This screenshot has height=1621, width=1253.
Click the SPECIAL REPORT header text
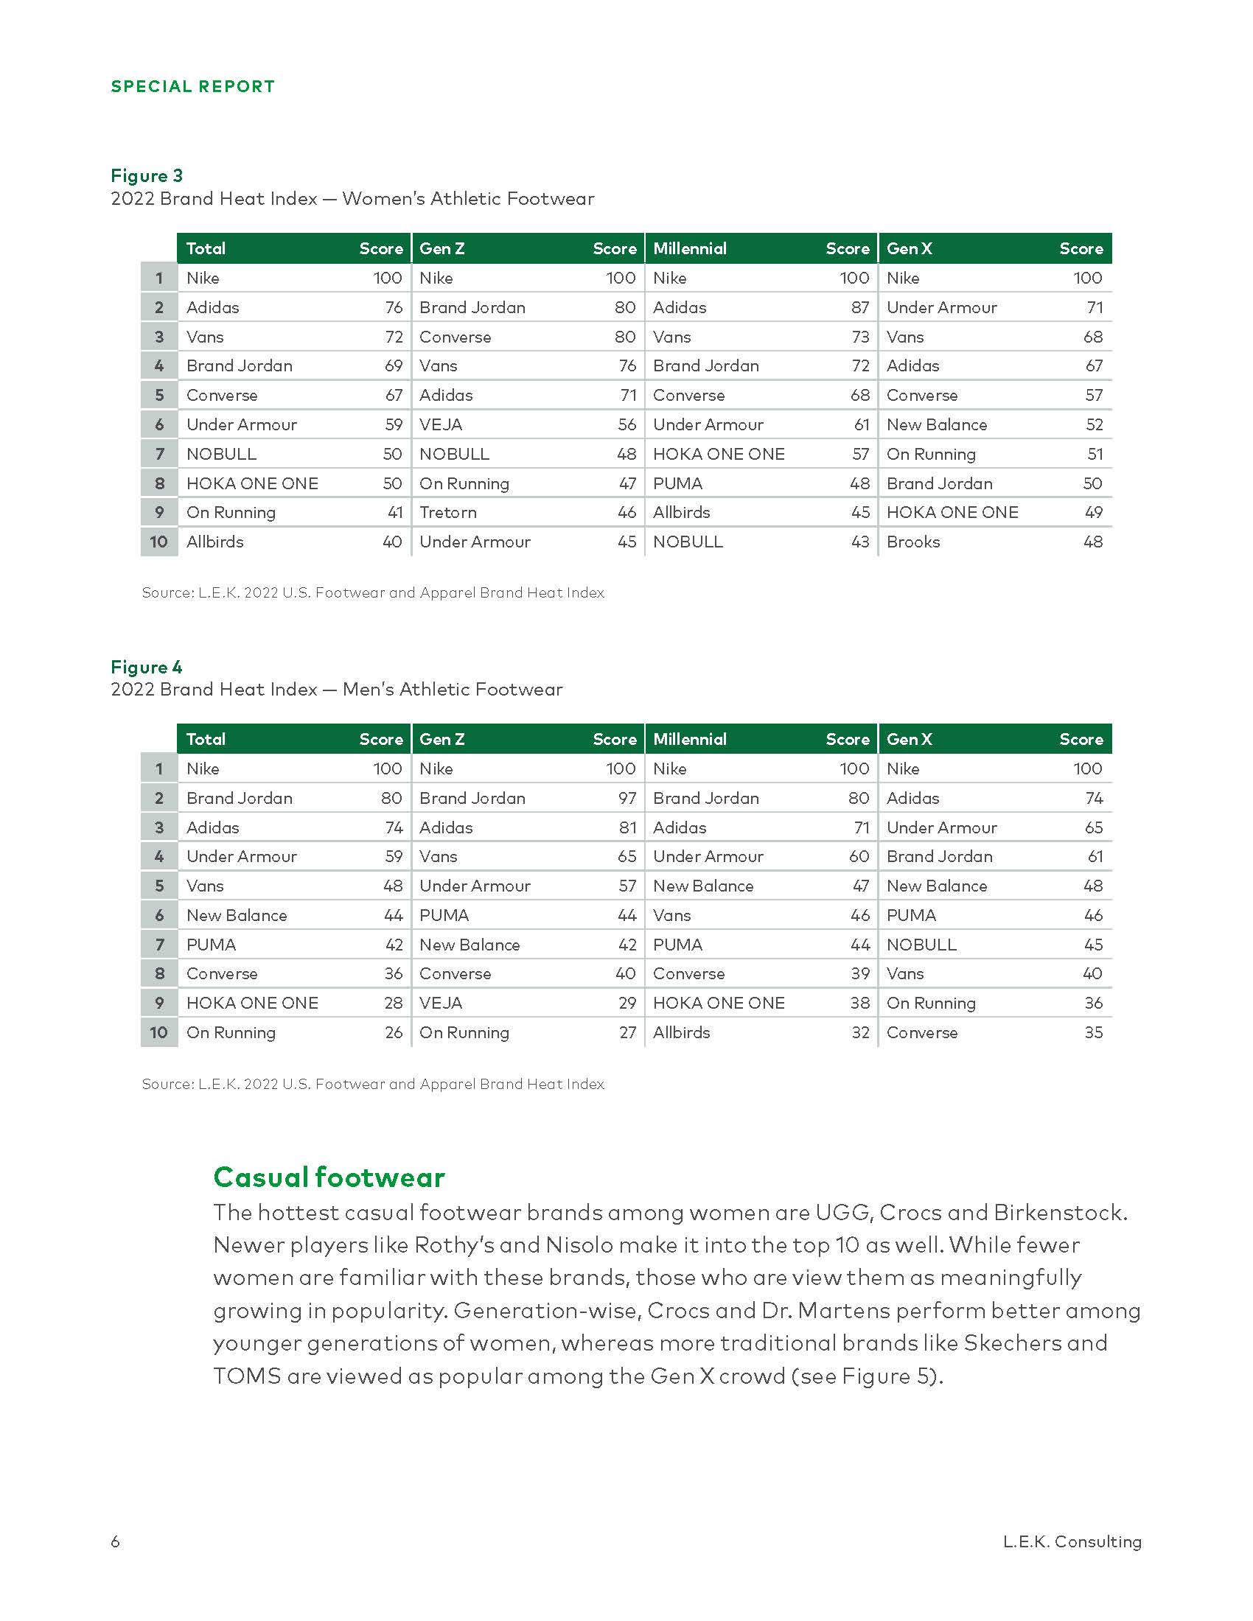192,86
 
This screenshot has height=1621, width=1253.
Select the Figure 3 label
146,175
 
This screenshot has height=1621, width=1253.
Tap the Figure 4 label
146,667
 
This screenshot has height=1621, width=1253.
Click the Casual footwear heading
329,1177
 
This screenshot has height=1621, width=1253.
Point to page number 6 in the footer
115,1541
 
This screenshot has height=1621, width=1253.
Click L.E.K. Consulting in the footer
1071,1541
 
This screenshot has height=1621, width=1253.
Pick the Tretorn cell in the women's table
447,512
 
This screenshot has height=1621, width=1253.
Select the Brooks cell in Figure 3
912,542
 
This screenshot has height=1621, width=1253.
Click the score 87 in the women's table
859,307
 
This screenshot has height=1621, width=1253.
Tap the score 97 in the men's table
627,798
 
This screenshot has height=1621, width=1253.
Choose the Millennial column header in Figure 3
690,248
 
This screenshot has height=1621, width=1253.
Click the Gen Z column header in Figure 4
441,739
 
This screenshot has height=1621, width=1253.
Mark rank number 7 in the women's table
159,453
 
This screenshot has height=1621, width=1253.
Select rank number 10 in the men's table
159,1032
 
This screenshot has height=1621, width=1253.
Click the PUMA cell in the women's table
677,483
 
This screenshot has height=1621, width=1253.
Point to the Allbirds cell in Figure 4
681,1032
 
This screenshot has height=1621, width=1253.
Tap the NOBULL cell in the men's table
921,945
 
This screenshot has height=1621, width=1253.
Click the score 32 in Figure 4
859,1032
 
